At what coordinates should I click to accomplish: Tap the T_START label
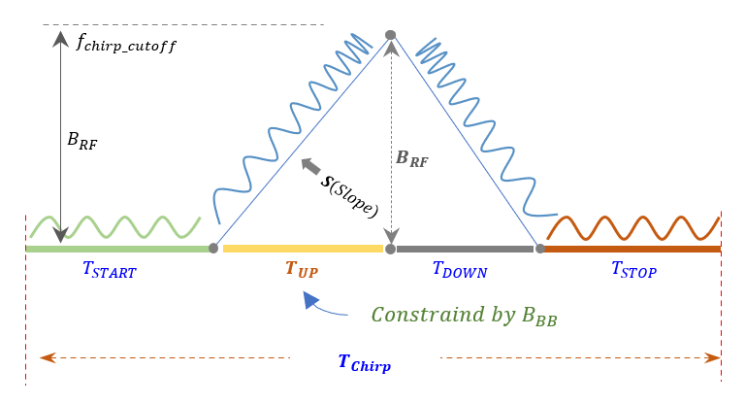point(110,271)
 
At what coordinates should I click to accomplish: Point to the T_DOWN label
point(459,270)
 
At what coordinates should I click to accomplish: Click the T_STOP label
point(633,270)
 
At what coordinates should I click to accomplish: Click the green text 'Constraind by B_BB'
point(465,315)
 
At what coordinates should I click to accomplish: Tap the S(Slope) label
point(351,193)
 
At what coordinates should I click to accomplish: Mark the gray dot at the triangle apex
point(391,35)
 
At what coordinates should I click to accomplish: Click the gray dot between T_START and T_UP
point(213,249)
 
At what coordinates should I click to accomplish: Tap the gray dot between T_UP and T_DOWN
point(391,250)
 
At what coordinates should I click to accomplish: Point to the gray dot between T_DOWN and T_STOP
point(538,249)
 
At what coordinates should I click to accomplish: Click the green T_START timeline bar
point(116,250)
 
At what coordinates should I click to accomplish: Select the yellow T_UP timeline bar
point(303,250)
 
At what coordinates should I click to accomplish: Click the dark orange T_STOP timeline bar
point(631,250)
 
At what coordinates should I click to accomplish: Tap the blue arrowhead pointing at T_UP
point(309,300)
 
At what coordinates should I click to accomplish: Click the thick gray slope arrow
point(311,168)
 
